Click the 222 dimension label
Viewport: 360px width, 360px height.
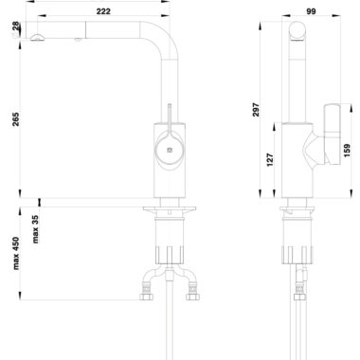[x=103, y=11]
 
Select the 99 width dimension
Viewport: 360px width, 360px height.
[x=311, y=11]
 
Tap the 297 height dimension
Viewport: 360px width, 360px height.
[x=256, y=110]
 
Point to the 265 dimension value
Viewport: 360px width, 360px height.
[x=15, y=119]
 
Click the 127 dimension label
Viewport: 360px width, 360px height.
[x=270, y=160]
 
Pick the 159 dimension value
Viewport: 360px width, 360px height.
[x=347, y=151]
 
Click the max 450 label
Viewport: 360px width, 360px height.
[x=16, y=253]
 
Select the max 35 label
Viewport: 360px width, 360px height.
[x=35, y=229]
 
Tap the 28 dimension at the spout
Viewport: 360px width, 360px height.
[x=16, y=26]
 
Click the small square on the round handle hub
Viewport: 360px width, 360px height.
[x=170, y=150]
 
